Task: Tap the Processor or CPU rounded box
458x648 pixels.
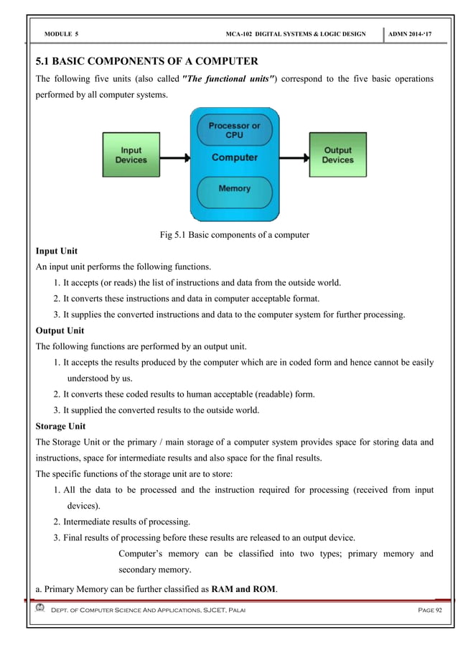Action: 234,131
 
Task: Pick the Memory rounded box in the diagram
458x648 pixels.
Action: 234,188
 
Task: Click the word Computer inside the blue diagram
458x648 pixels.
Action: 234,157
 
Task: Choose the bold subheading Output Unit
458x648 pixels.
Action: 60,330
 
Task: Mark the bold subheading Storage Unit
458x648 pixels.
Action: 61,426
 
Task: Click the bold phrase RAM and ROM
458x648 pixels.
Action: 243,590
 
